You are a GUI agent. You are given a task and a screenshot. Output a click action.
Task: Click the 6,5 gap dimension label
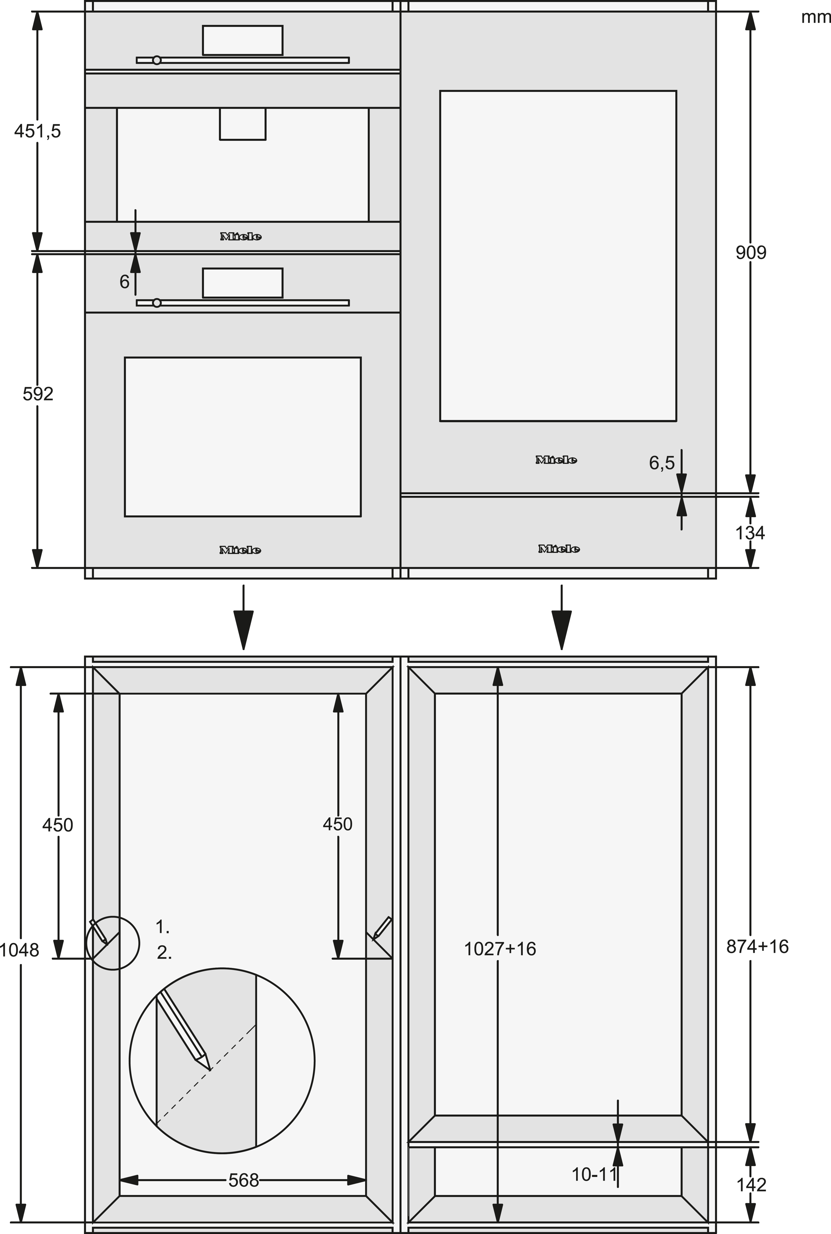(x=662, y=463)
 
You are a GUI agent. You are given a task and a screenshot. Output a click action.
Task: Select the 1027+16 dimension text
(x=500, y=949)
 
